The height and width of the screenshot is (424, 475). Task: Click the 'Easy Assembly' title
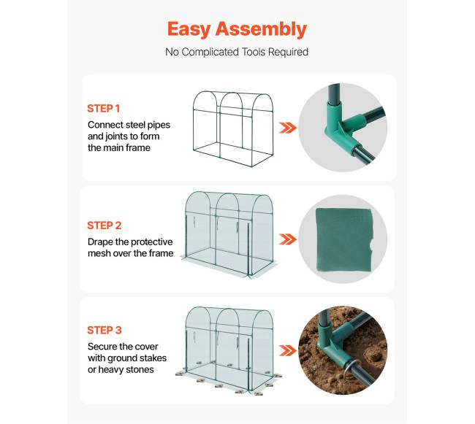point(237,29)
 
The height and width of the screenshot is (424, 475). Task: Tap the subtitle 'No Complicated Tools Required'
point(237,52)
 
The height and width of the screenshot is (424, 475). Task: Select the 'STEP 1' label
point(104,109)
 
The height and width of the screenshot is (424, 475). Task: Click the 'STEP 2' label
point(104,226)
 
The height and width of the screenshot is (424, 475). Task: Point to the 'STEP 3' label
point(104,331)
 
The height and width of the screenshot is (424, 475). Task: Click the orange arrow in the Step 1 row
point(287,128)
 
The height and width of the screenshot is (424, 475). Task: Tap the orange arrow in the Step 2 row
point(287,239)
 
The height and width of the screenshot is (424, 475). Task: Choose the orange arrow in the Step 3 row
point(287,351)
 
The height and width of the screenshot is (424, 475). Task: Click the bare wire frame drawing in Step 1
point(193,127)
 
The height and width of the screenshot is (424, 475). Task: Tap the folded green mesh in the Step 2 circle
point(344,240)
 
